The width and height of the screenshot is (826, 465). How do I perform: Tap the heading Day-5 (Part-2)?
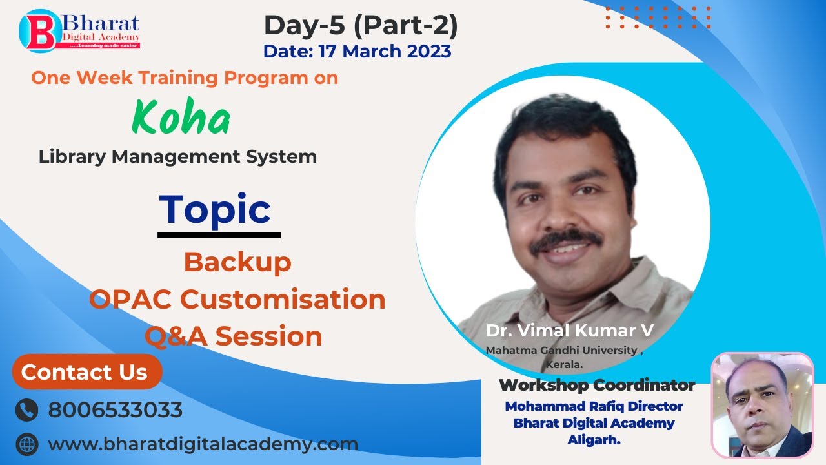click(361, 25)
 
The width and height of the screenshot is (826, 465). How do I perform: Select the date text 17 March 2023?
click(357, 51)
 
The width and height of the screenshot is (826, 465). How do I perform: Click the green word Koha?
click(181, 118)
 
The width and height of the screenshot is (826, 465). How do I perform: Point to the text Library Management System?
click(177, 156)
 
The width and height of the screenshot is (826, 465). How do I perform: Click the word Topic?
click(215, 209)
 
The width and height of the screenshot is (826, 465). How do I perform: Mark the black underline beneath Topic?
click(219, 235)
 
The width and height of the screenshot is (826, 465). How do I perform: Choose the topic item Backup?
click(237, 262)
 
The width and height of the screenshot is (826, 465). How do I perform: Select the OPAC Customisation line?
click(237, 299)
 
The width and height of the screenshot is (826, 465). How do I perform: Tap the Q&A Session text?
click(233, 336)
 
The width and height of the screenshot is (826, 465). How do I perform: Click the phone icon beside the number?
click(26, 410)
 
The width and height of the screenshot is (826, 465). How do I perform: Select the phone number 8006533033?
click(115, 410)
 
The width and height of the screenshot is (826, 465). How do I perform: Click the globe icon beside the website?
click(26, 444)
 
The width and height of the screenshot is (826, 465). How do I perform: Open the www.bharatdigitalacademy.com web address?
click(203, 444)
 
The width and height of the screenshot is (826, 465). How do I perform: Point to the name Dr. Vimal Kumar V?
click(570, 330)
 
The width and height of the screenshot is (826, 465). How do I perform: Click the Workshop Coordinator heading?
click(596, 386)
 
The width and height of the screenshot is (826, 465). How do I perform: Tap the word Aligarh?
click(594, 439)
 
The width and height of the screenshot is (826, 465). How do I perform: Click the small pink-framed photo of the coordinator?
click(762, 405)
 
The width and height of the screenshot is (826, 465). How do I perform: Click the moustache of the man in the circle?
click(566, 238)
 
